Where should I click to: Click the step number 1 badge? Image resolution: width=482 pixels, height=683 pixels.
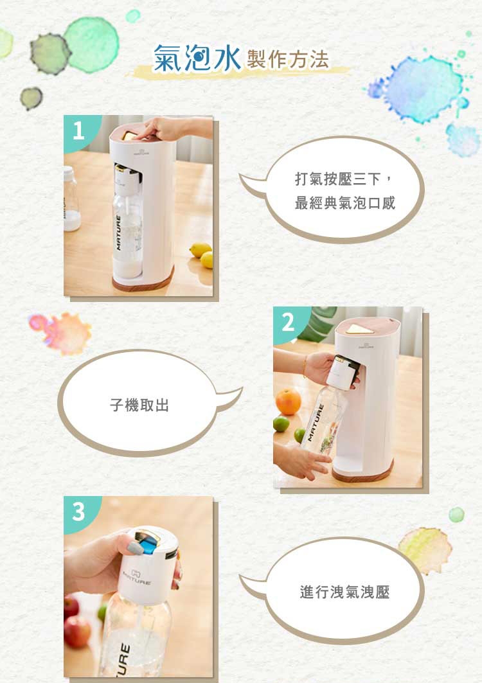[79, 130]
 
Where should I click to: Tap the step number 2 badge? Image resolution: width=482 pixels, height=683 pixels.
[289, 323]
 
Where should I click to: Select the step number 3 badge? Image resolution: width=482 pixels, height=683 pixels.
[79, 511]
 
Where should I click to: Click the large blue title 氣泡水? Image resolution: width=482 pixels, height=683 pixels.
[197, 58]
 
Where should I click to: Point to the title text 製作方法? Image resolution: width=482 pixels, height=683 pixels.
[288, 60]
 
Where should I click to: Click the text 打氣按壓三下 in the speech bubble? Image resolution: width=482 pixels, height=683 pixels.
[337, 179]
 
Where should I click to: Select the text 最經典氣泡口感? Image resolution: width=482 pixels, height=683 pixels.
[344, 203]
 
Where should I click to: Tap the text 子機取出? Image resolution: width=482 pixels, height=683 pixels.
[139, 405]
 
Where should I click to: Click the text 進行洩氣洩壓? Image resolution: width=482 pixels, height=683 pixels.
[344, 592]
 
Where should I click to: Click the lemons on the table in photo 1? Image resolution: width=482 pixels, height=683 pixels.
[202, 255]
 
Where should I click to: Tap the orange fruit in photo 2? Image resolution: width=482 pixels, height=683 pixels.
[288, 402]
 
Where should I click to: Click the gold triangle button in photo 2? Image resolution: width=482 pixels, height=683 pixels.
[358, 328]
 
